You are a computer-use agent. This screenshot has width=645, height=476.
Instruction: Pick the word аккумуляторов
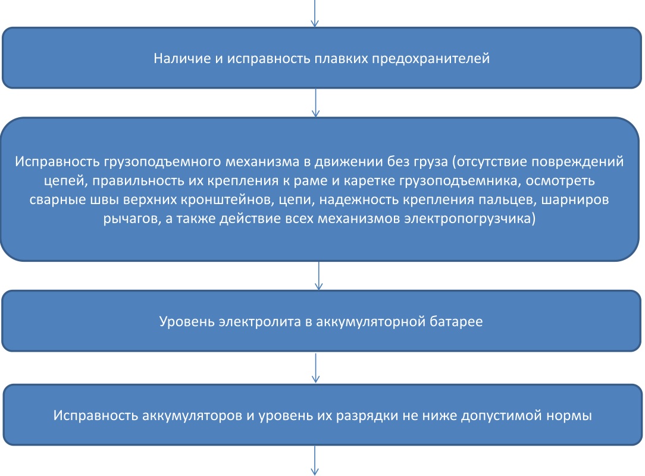tap(193, 415)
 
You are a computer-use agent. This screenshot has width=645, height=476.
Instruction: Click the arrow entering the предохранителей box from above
tap(315, 13)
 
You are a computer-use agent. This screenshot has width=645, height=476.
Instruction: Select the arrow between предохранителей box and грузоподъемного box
tap(315, 103)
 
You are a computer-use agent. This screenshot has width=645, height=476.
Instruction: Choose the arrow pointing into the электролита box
tap(318, 275)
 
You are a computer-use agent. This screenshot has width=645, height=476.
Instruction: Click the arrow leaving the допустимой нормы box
tap(315, 461)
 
